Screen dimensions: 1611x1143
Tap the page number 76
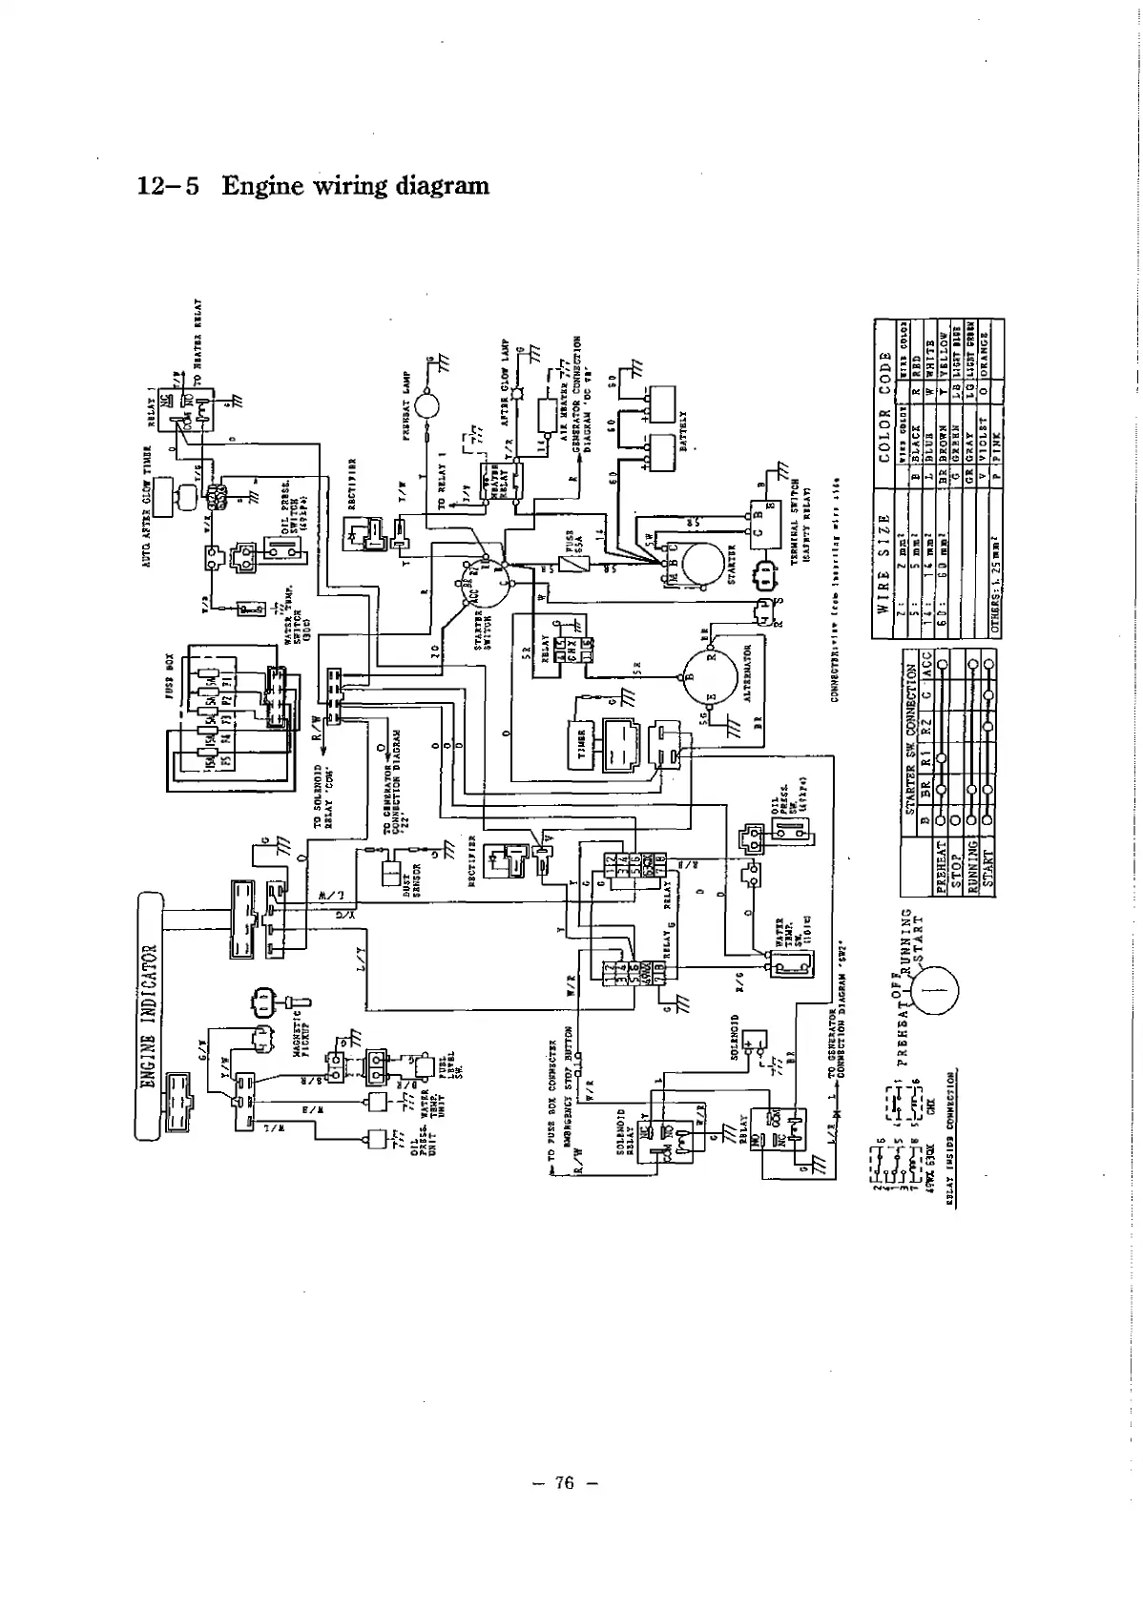pyautogui.click(x=564, y=1482)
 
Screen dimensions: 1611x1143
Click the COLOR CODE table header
pyautogui.click(x=883, y=391)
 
